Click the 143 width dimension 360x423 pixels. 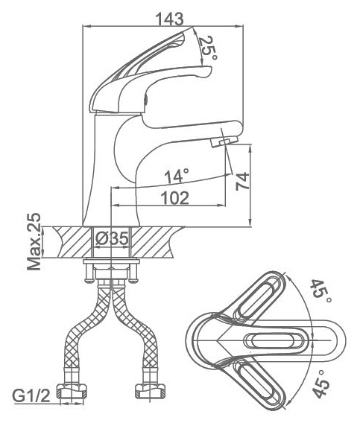pyautogui.click(x=170, y=19)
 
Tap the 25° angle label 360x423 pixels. pyautogui.click(x=208, y=48)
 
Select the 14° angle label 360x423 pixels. pyautogui.click(x=177, y=176)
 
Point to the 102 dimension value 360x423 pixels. pyautogui.click(x=174, y=198)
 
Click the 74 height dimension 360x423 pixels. pyautogui.click(x=242, y=181)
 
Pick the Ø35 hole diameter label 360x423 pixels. pyautogui.click(x=112, y=238)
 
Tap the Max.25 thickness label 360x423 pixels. pyautogui.click(x=34, y=242)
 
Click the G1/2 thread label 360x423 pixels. pyautogui.click(x=31, y=396)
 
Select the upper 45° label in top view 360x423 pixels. pyautogui.click(x=320, y=292)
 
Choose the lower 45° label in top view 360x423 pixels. pyautogui.click(x=320, y=384)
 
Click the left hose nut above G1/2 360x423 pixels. pyautogui.click(x=72, y=391)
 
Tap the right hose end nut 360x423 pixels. pyautogui.click(x=151, y=391)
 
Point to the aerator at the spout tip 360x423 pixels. pyautogui.click(x=224, y=141)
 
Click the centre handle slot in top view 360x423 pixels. pyautogui.click(x=274, y=340)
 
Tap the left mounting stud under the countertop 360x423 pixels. pyautogui.click(x=89, y=273)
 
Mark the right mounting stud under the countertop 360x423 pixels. pyautogui.click(x=133, y=273)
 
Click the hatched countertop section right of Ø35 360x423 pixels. pyautogui.click(x=154, y=242)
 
